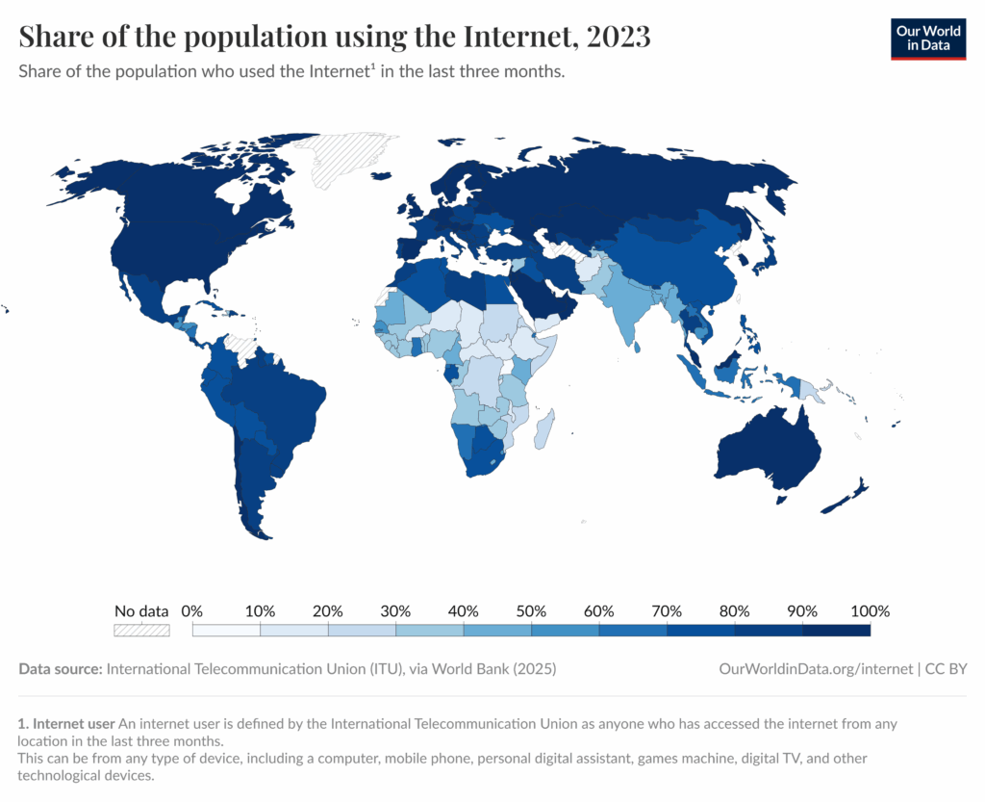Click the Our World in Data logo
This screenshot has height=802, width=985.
click(928, 38)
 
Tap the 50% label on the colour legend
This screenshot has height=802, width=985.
click(531, 611)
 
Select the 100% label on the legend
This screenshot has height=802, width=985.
click(871, 611)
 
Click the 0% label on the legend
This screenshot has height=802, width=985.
click(192, 611)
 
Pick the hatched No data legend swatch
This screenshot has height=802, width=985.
click(141, 630)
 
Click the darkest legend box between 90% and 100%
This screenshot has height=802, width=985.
click(836, 630)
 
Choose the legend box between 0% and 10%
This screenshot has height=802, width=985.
click(227, 630)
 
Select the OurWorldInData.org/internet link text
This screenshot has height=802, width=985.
click(815, 668)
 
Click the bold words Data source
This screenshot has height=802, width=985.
click(60, 668)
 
